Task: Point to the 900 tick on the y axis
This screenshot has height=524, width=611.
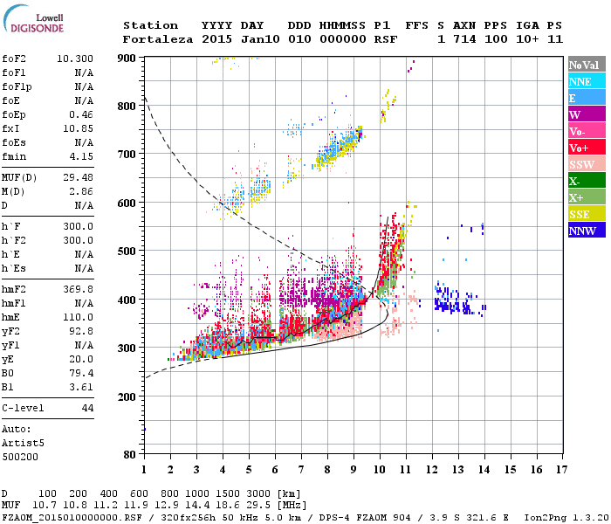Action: click(x=127, y=59)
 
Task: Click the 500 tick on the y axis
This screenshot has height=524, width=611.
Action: click(x=127, y=251)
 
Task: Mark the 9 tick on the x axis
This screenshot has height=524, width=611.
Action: click(x=354, y=470)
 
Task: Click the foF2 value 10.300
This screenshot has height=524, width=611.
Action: click(x=75, y=58)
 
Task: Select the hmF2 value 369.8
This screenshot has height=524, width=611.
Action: click(x=79, y=288)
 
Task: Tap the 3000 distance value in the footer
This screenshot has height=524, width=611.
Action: click(x=258, y=493)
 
